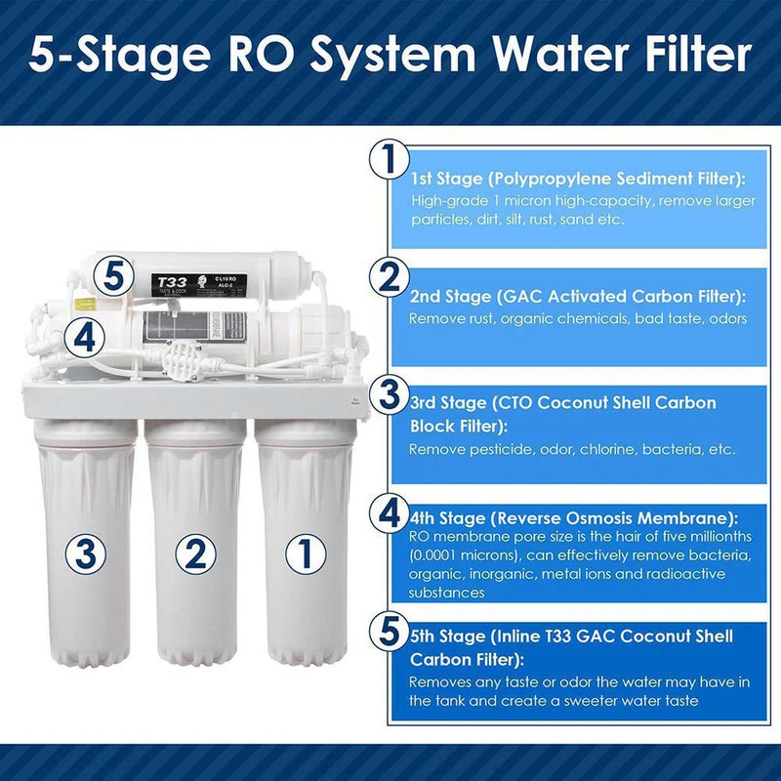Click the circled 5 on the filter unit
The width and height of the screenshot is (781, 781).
(x=113, y=276)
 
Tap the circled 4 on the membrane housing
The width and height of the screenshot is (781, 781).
(x=85, y=338)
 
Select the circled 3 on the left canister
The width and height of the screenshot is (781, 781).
(x=86, y=554)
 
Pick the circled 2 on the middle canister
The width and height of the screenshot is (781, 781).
(x=195, y=554)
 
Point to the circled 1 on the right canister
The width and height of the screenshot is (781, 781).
(x=306, y=554)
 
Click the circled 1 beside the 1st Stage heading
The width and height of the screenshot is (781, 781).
(x=389, y=159)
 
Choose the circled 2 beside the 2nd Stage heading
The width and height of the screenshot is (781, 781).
(x=389, y=277)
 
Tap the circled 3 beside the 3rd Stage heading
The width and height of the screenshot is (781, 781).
(x=389, y=394)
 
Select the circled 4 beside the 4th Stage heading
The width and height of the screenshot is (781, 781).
(x=389, y=514)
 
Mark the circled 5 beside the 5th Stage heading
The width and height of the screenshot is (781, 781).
(x=389, y=631)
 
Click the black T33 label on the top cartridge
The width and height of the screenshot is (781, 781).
(x=199, y=284)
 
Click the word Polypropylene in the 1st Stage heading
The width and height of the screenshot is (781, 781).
(x=551, y=179)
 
